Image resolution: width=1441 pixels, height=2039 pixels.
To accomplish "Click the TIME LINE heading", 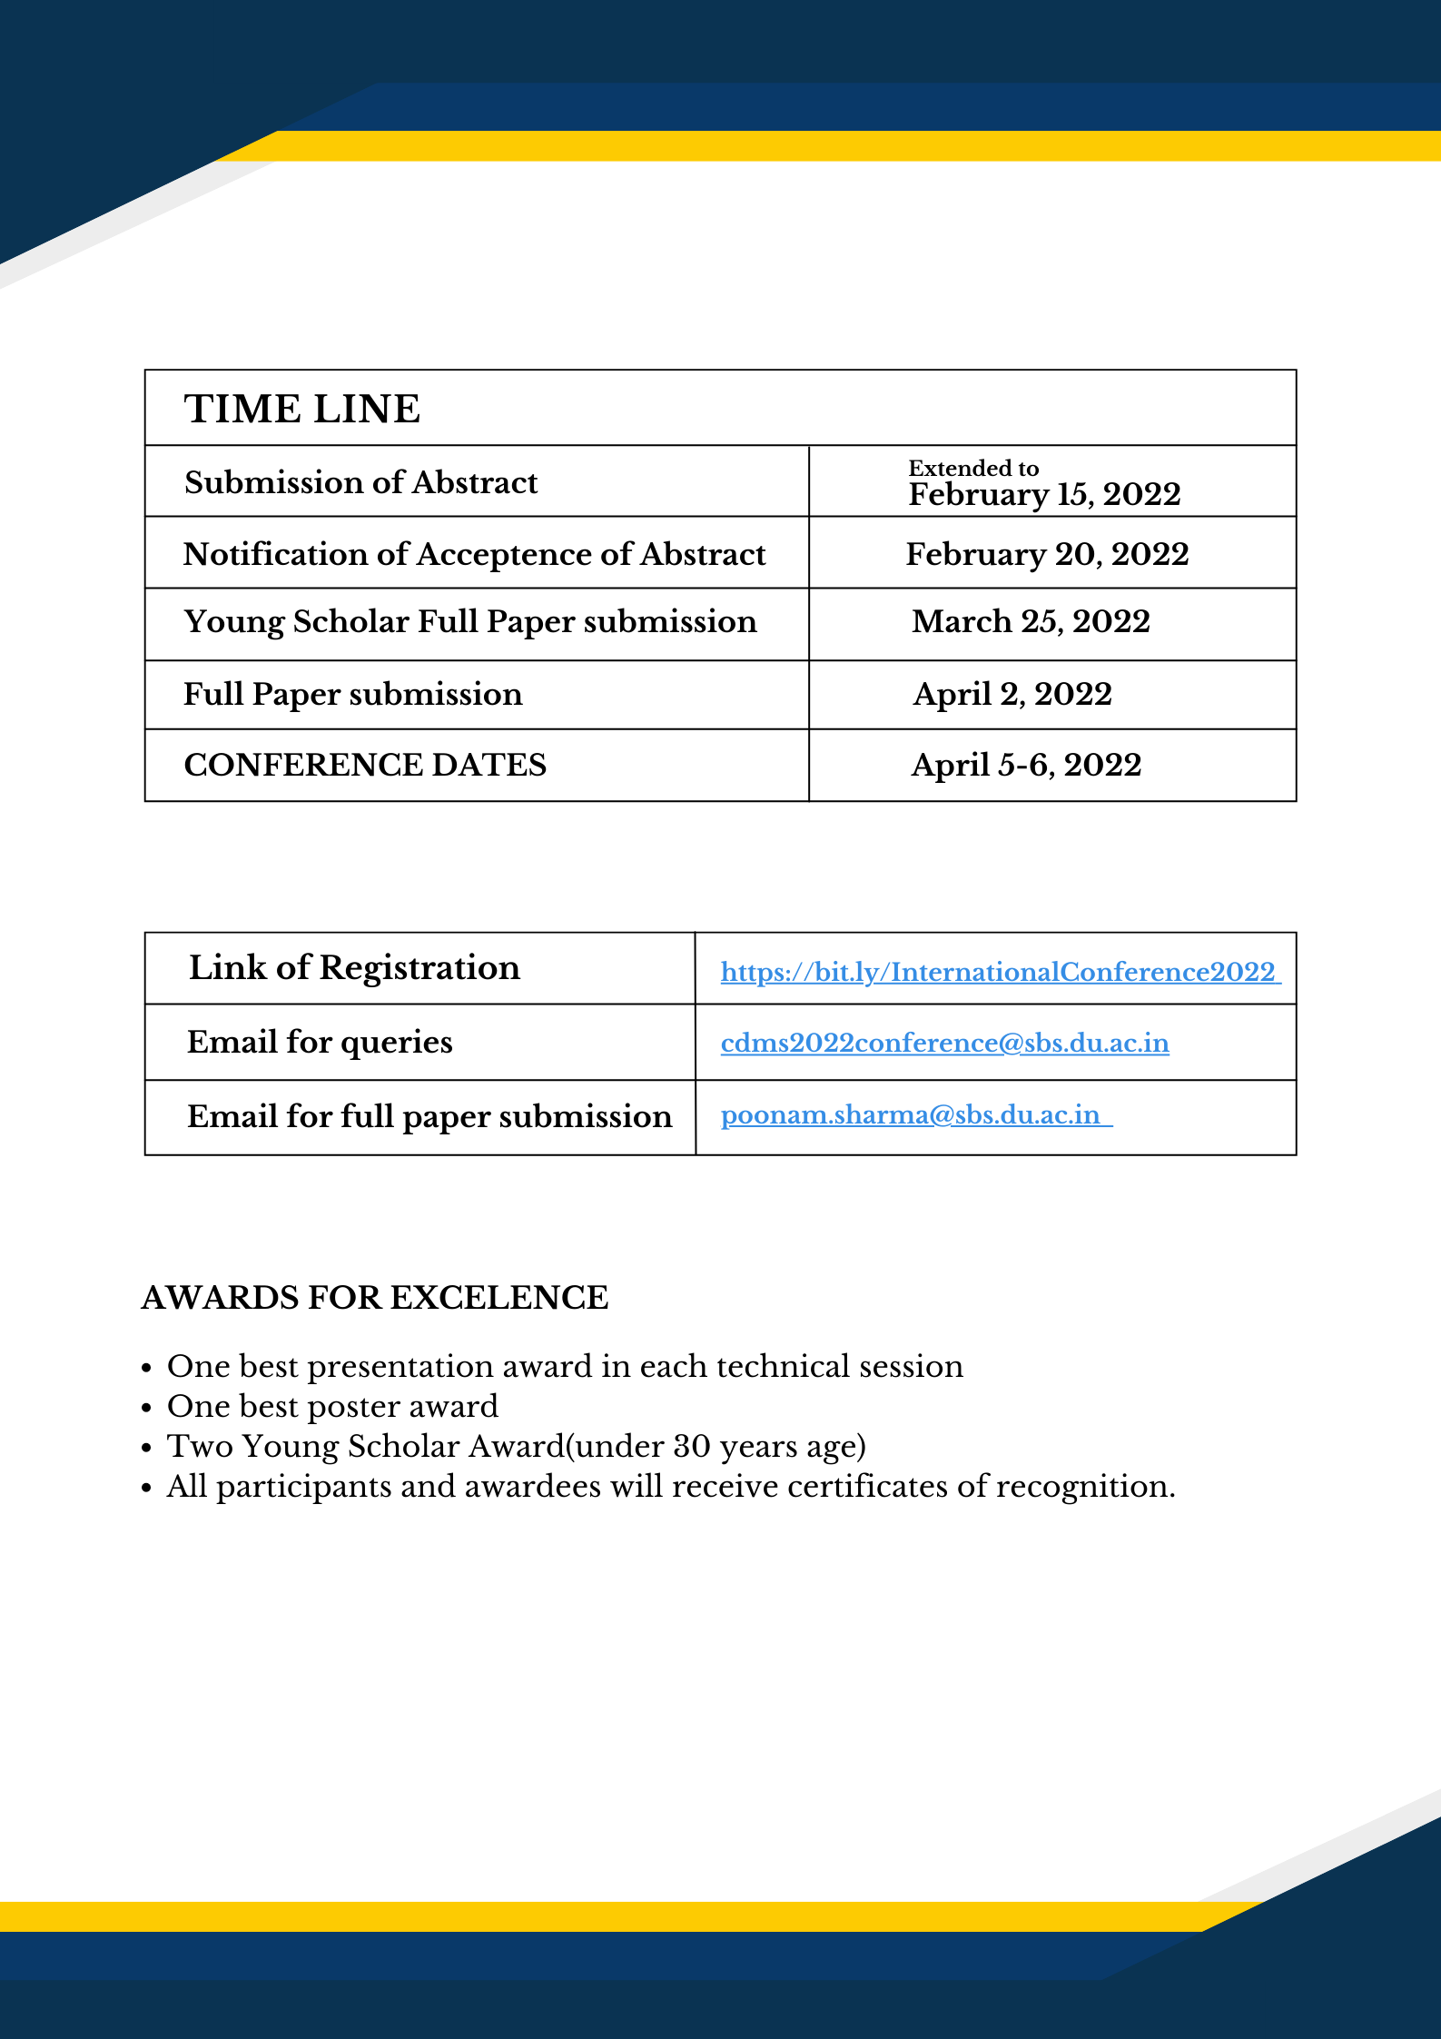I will (x=302, y=409).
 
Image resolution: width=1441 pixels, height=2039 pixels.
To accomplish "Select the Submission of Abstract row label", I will (x=360, y=482).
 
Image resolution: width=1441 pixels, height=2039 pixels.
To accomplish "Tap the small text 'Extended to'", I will (x=973, y=468).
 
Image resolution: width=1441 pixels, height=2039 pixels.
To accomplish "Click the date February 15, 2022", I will (x=1044, y=495).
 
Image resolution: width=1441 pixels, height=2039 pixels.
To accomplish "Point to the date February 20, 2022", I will (x=1047, y=554).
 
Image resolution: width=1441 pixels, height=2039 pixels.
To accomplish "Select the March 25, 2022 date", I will (x=1031, y=621).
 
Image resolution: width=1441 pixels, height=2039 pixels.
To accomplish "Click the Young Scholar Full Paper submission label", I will (x=469, y=622).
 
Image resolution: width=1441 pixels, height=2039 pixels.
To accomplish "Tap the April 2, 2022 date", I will (x=1012, y=694).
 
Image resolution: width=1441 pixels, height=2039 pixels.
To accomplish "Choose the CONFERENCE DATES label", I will (x=365, y=765).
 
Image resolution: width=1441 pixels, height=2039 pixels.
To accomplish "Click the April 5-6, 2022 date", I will (x=1026, y=765).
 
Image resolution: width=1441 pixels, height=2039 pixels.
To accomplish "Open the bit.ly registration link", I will (x=998, y=972).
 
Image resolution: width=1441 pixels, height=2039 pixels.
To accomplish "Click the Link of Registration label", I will (x=354, y=968).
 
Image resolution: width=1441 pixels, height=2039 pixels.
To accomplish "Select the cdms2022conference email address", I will (x=944, y=1043).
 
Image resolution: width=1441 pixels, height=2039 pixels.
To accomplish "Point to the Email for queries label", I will (x=320, y=1042).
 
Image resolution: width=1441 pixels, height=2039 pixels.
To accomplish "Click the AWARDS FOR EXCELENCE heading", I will (x=374, y=1298).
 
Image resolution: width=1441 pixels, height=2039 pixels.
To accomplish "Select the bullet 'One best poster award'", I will (x=332, y=1406).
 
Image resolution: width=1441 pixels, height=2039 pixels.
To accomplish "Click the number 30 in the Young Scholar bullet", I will (x=691, y=1446).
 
